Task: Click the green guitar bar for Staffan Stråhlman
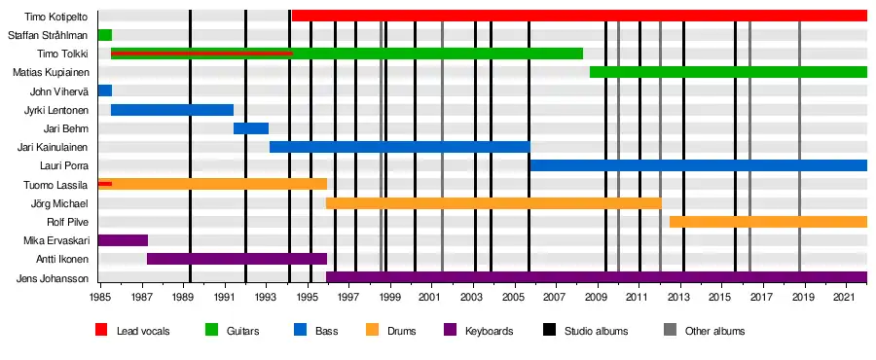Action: tap(104, 35)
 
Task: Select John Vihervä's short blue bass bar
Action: tap(104, 90)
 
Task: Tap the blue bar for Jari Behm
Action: tap(251, 128)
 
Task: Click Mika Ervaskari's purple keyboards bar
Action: tap(123, 240)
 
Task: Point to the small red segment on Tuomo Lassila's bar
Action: tap(104, 184)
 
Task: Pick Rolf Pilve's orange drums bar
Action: tap(768, 222)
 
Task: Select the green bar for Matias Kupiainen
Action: tap(728, 72)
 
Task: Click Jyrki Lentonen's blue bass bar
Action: tap(172, 110)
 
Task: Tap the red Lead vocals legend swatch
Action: tap(101, 330)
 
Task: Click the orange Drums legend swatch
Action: tap(372, 330)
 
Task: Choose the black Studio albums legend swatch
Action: tap(549, 330)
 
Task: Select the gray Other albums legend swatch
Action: tap(670, 330)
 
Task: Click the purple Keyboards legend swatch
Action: tap(450, 330)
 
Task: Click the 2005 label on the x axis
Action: tap(514, 296)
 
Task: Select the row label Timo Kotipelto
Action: tap(55, 17)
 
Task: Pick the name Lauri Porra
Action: tap(64, 165)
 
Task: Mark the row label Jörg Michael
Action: tap(59, 203)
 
